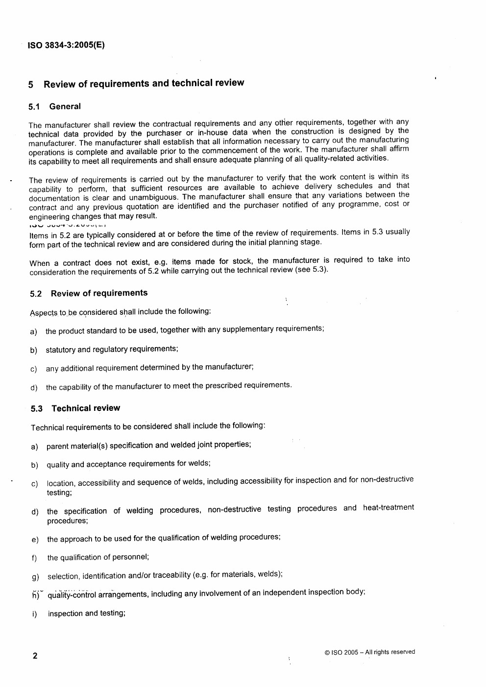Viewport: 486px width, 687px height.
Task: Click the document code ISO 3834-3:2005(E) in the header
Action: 66,46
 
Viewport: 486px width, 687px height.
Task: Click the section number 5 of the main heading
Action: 31,85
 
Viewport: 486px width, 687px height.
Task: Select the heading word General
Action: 65,107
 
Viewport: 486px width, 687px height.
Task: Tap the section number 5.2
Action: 36,294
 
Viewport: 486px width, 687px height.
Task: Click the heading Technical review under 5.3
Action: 86,408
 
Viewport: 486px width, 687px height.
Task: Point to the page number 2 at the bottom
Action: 35,656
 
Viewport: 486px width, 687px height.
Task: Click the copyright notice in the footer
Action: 369,652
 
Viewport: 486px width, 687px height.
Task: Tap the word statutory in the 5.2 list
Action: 60,350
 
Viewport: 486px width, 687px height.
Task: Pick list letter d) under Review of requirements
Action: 34,388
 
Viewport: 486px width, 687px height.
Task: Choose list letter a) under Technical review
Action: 34,447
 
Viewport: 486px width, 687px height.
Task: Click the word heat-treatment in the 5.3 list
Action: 388,508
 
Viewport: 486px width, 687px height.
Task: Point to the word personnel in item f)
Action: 132,557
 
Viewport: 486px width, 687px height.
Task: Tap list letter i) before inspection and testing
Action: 34,614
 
